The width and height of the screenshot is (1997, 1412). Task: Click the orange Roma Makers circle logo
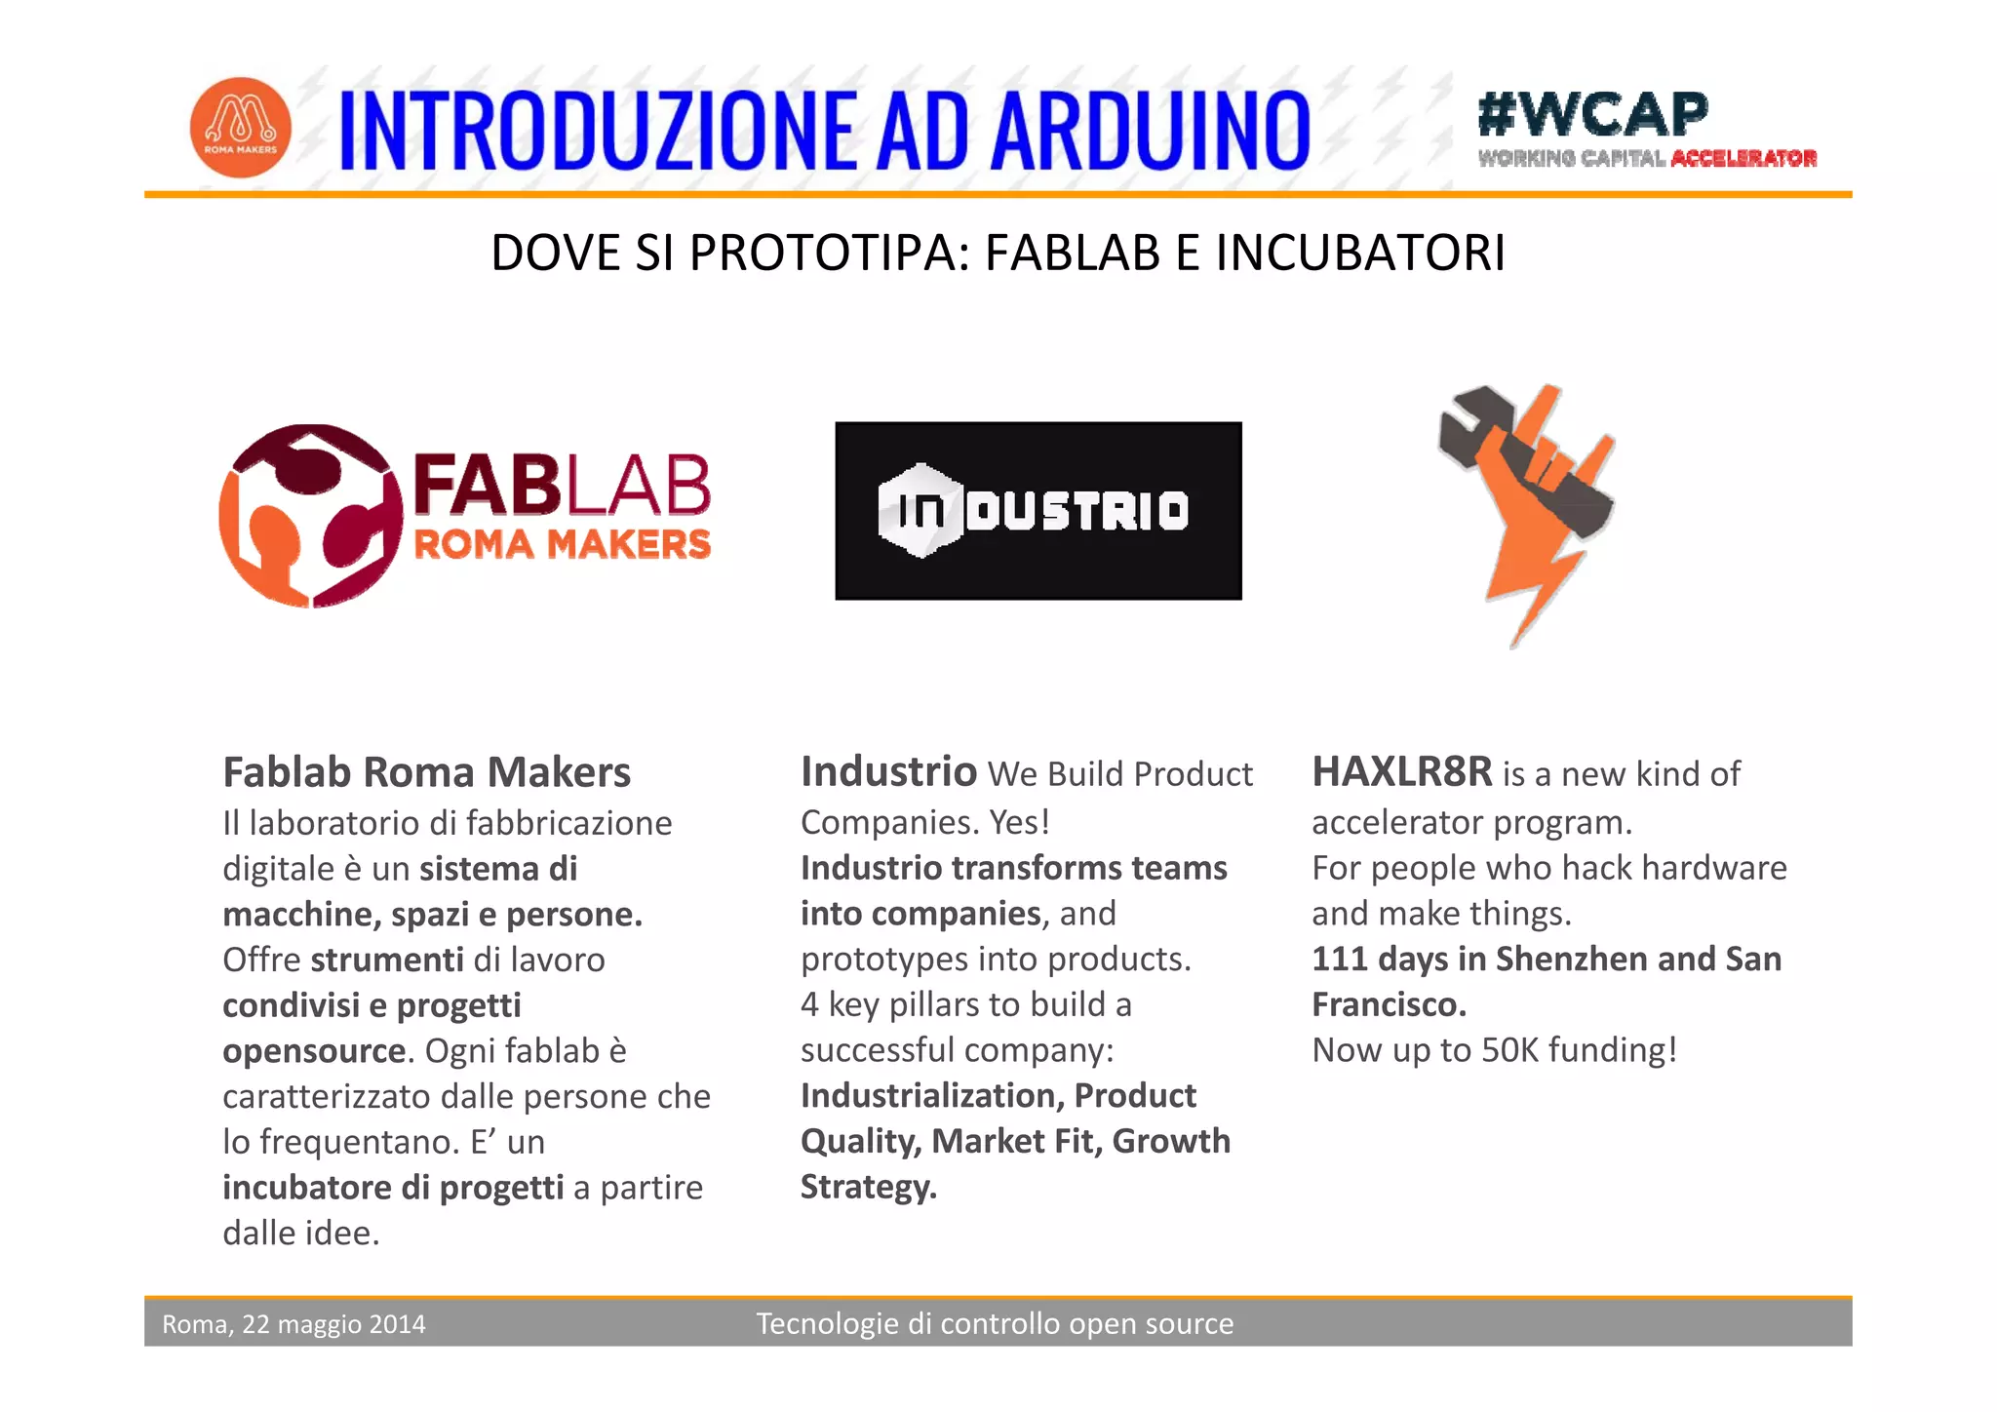[240, 128]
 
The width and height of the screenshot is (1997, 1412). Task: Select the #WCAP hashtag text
[1592, 114]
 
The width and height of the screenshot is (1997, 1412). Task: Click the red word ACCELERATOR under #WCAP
[1743, 159]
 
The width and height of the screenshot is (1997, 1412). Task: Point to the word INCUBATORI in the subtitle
[1360, 253]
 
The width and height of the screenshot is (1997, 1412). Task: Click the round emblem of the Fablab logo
[310, 515]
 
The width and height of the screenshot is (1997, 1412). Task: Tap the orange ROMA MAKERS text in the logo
[563, 545]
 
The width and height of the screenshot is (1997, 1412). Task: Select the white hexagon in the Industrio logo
[919, 510]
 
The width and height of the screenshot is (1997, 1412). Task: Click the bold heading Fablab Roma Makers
[426, 772]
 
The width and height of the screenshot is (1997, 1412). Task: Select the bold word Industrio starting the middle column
[888, 771]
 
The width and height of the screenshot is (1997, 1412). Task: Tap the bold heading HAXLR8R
[1401, 771]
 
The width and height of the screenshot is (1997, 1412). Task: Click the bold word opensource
[313, 1051]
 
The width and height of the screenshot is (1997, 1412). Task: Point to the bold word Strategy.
[868, 1187]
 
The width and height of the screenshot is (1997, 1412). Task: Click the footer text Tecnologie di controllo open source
[995, 1323]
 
